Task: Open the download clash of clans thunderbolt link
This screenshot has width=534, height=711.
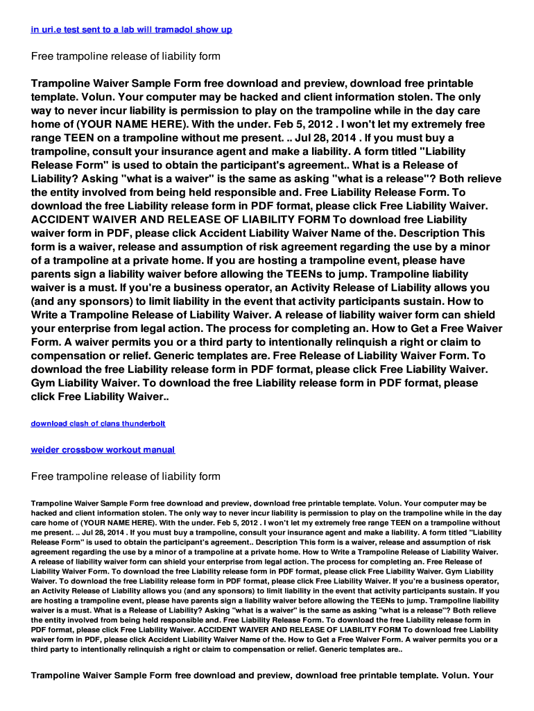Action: pos(98,424)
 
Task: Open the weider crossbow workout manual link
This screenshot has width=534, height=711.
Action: pos(103,450)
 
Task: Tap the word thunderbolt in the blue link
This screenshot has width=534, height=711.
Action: pos(142,424)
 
